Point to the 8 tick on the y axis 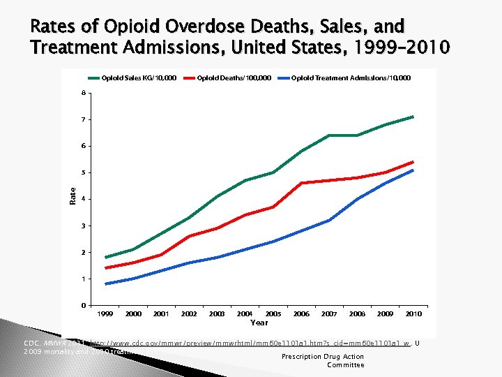click(x=84, y=93)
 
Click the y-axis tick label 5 click(x=84, y=172)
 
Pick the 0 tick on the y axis click(x=84, y=305)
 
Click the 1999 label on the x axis click(x=105, y=314)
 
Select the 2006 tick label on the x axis click(x=301, y=314)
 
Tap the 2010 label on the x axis click(x=413, y=314)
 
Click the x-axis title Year click(x=259, y=323)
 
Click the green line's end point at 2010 click(x=413, y=117)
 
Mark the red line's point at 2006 click(x=301, y=183)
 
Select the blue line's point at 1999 click(x=105, y=284)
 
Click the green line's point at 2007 click(x=329, y=135)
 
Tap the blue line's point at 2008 click(x=358, y=199)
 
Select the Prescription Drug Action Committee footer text click(x=322, y=360)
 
